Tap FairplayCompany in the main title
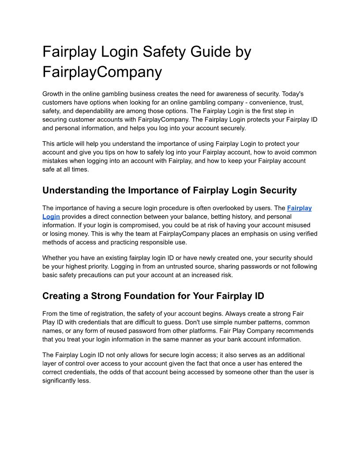102,71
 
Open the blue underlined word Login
51,217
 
